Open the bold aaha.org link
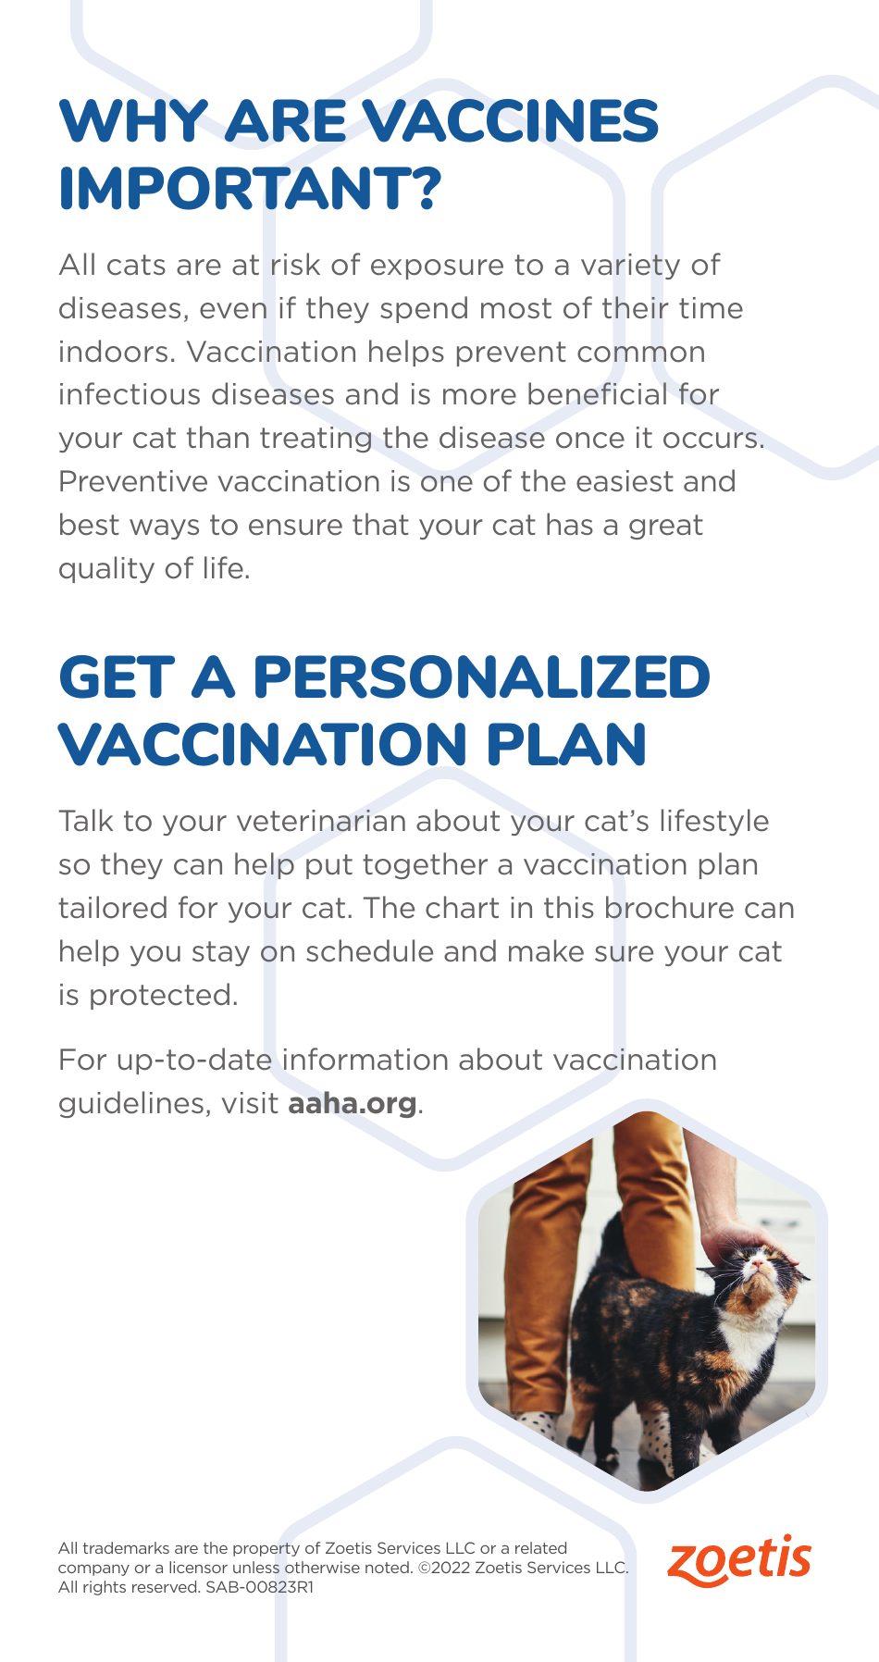coord(353,1103)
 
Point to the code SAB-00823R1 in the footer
coord(260,1587)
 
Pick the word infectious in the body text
coord(130,395)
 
